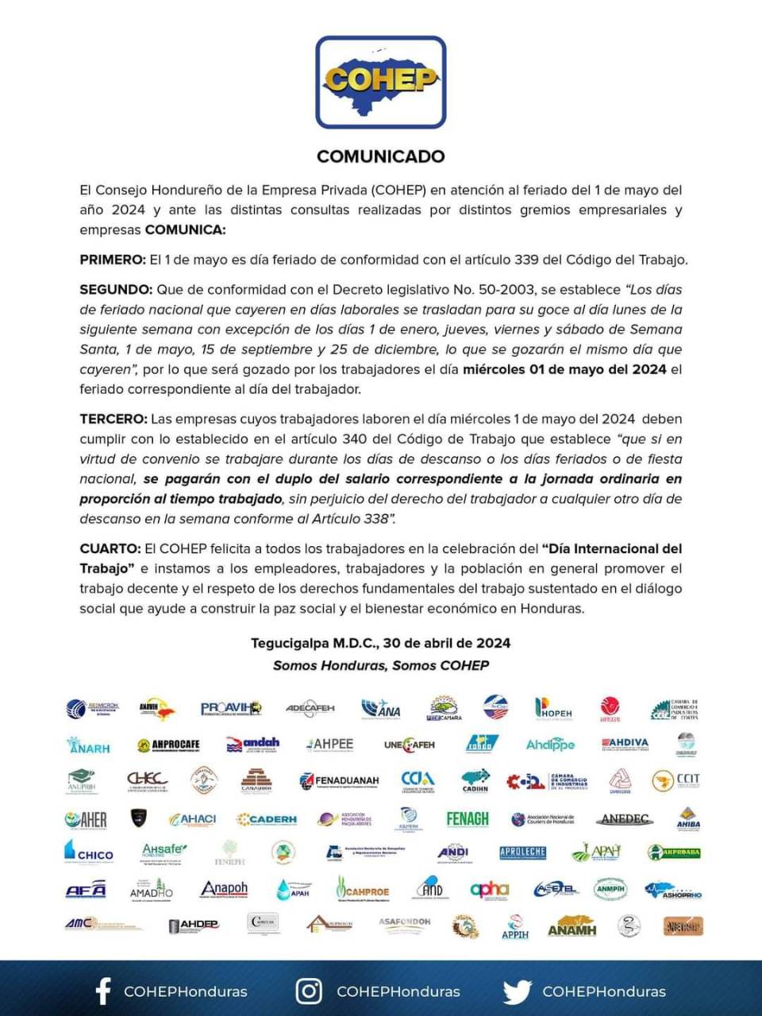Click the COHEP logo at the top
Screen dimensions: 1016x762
point(381,82)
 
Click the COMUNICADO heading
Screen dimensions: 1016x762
point(381,156)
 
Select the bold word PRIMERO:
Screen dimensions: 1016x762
point(113,260)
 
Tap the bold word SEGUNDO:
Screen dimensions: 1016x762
point(116,290)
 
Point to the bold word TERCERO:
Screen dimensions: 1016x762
point(114,419)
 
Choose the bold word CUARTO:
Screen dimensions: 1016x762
point(110,548)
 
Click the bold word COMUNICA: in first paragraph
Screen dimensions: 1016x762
point(185,230)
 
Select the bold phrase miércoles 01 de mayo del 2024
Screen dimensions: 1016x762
point(564,369)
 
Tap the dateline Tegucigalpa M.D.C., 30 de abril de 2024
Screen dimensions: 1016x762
point(381,644)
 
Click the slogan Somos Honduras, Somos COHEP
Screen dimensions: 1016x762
point(381,666)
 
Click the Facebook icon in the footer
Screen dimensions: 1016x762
point(102,991)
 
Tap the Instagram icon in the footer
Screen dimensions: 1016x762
point(309,991)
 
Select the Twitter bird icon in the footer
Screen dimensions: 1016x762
point(517,991)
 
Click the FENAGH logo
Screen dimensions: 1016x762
point(468,818)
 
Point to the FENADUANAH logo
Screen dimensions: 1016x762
point(340,781)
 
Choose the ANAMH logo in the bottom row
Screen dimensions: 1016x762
point(571,927)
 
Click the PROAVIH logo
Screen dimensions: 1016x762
point(231,708)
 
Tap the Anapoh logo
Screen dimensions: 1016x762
point(224,890)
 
